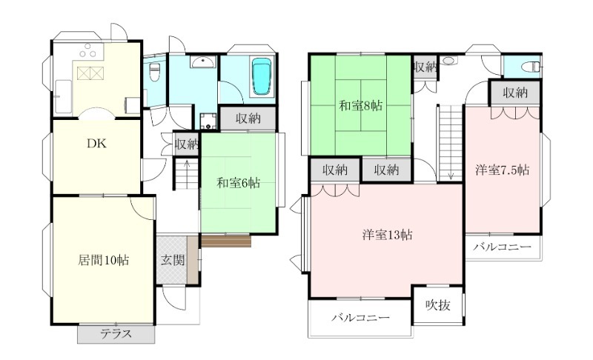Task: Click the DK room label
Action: pyautogui.click(x=97, y=144)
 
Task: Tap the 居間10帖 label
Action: pyautogui.click(x=103, y=260)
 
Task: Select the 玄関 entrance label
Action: pyautogui.click(x=173, y=260)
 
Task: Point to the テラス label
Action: pyautogui.click(x=116, y=334)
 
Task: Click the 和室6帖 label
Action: pyautogui.click(x=238, y=183)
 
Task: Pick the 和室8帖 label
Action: pyautogui.click(x=360, y=105)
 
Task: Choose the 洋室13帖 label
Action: pyautogui.click(x=387, y=235)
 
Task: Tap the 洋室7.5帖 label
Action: pyautogui.click(x=503, y=170)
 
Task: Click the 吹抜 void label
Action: pyautogui.click(x=438, y=305)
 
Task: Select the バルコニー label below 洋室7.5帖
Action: pyautogui.click(x=503, y=247)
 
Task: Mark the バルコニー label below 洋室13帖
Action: pyautogui.click(x=360, y=317)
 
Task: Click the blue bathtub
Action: pyautogui.click(x=262, y=76)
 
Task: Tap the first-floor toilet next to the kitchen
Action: pyautogui.click(x=154, y=72)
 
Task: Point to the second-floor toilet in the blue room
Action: pyautogui.click(x=530, y=67)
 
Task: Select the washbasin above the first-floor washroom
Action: pyautogui.click(x=203, y=62)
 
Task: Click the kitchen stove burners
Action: pyautogui.click(x=88, y=51)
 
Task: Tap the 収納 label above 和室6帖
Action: pyautogui.click(x=248, y=119)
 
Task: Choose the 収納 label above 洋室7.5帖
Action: pyautogui.click(x=515, y=93)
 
